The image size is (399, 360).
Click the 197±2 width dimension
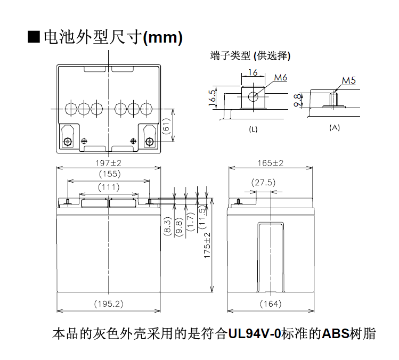coord(108,163)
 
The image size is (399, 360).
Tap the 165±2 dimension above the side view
coord(270,163)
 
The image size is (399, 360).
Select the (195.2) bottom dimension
coord(109,304)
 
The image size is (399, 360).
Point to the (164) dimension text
coord(271,304)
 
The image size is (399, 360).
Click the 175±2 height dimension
coord(207,245)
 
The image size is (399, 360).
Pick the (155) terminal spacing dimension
coord(110,174)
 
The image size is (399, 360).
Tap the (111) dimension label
coord(109,187)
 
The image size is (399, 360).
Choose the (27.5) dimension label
coord(263,183)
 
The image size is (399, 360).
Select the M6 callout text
coord(281,77)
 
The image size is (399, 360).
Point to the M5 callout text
coord(348,80)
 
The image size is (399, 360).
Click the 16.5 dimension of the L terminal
coord(212,98)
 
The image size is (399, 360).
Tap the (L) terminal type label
coord(253,129)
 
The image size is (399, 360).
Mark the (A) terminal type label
coord(335,127)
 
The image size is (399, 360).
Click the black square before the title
coord(34,37)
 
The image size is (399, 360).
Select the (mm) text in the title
coord(163,38)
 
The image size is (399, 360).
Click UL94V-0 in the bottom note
coord(254,334)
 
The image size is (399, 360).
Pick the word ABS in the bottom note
coord(336,334)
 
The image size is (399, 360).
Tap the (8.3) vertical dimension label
coord(168,226)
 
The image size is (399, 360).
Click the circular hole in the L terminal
coord(253,96)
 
